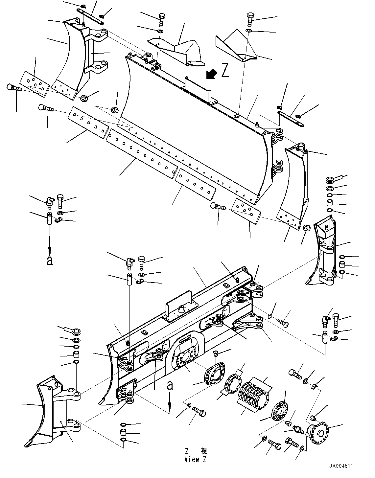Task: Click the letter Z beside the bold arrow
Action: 225,71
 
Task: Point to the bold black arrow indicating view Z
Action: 210,74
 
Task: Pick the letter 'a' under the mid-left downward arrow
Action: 50,261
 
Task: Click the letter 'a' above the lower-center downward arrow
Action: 170,385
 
